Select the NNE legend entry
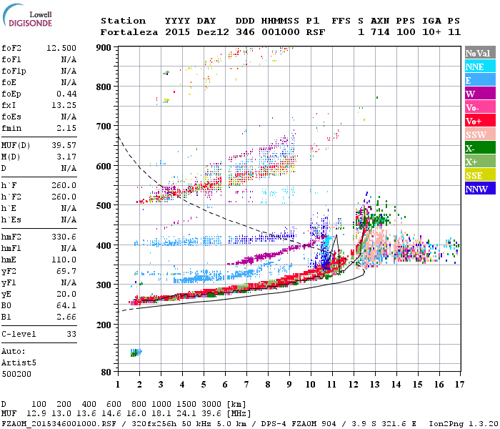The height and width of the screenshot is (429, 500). point(474,66)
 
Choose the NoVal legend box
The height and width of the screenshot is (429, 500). point(478,53)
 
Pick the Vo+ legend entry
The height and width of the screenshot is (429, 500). point(475,121)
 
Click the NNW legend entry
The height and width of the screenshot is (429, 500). point(476,189)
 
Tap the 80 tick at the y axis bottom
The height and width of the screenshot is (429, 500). point(107,372)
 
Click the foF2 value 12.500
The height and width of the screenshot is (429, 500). point(61,48)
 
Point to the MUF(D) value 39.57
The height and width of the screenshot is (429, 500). point(64,146)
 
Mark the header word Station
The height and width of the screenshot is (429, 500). point(123,21)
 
